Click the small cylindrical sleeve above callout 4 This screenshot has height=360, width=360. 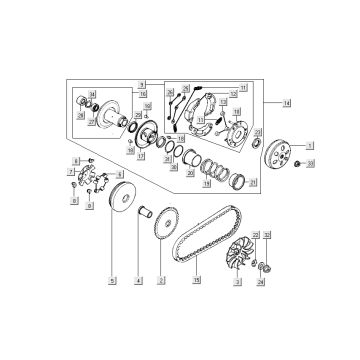[x=138, y=212]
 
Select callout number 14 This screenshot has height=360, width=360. [x=287, y=103]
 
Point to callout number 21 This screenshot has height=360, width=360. [x=251, y=179]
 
